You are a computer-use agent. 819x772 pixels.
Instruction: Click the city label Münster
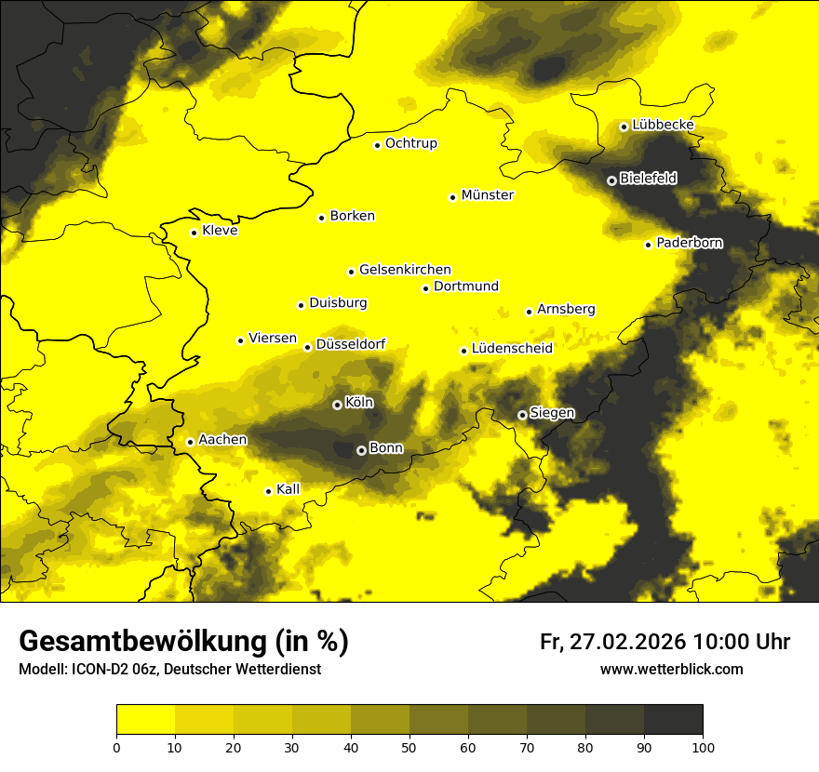tap(487, 195)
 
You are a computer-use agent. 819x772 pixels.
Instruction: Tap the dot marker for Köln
tap(337, 405)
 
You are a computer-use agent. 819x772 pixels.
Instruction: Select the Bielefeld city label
tap(648, 178)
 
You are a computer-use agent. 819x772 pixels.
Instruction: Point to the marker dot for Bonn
tap(361, 450)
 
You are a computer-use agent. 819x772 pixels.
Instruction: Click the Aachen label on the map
tap(222, 439)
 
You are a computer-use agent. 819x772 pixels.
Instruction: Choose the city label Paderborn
tap(689, 243)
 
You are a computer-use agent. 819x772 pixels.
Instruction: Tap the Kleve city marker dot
tap(194, 233)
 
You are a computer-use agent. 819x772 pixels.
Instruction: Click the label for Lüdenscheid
tap(512, 349)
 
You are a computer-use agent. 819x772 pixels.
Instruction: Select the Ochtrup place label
tap(410, 143)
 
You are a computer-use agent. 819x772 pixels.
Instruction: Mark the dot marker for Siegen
tap(522, 415)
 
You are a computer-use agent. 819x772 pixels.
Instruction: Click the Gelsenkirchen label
tap(405, 270)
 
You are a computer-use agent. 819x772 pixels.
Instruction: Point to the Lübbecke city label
tap(663, 126)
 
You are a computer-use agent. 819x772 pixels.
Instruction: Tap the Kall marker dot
tap(268, 491)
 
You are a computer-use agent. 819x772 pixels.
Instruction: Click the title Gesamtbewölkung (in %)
tap(183, 642)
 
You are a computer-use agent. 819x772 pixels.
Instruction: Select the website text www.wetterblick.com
tap(671, 670)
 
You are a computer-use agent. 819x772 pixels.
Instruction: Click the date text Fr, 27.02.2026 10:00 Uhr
tap(665, 642)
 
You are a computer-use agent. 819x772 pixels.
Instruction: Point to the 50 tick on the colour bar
tap(409, 747)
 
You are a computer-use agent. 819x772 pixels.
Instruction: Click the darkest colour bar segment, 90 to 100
tap(673, 720)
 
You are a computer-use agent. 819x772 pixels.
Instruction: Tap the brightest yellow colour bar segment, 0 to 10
tap(145, 720)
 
